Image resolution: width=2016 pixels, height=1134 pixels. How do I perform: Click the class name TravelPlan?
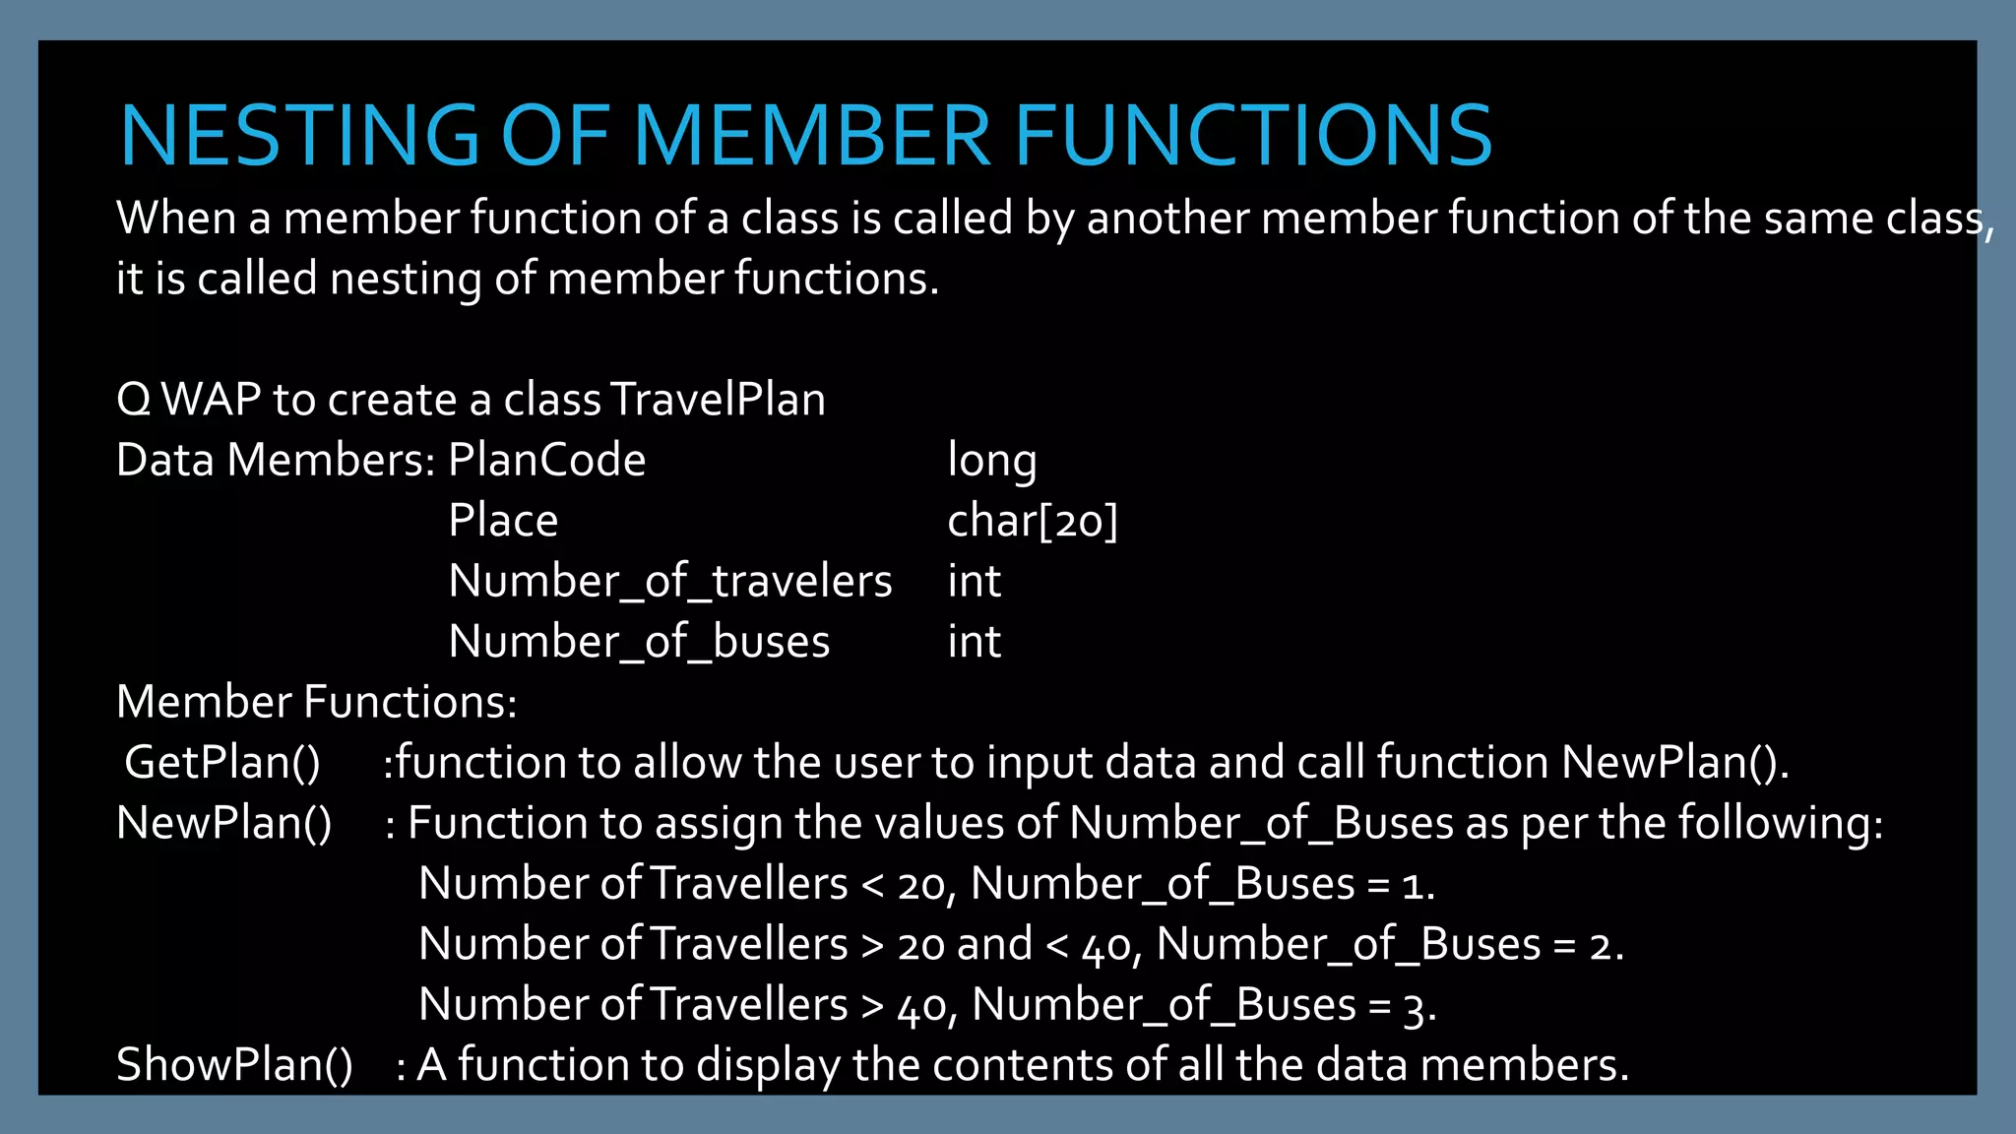coord(718,400)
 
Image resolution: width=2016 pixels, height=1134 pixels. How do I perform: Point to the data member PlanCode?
coord(546,460)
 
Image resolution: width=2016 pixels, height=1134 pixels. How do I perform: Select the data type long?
coord(991,461)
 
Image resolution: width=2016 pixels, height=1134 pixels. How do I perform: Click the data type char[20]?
coord(1032,521)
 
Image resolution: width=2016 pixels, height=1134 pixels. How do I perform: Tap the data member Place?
coord(502,521)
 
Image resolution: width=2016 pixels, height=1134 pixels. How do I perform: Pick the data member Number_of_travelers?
coord(669,581)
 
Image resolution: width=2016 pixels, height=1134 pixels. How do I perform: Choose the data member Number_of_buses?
coord(639,642)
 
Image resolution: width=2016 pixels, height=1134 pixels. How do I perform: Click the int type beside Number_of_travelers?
coord(974,581)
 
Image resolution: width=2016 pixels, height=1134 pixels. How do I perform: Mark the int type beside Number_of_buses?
coord(974,642)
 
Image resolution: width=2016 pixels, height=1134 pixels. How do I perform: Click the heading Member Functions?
coord(316,702)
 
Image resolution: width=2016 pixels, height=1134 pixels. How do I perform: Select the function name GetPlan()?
coord(222,763)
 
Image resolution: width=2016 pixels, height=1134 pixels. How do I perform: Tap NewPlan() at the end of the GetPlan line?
coord(1672,763)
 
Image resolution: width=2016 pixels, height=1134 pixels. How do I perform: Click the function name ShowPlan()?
coord(234,1065)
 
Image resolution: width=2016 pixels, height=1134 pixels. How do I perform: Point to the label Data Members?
coord(275,460)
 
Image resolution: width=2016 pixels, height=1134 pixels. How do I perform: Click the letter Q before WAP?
coord(133,400)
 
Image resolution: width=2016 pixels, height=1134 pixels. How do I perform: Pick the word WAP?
coord(211,400)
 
